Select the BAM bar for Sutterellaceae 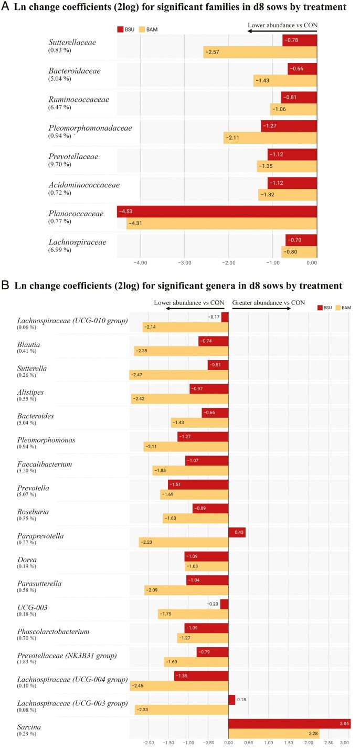(x=260, y=52)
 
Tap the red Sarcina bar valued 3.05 (x=289, y=724)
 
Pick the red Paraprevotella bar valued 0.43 (x=237, y=532)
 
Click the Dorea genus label (x=27, y=559)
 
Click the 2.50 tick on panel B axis (x=329, y=743)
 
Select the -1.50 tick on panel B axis (x=168, y=743)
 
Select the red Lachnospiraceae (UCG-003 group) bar (x=231, y=700)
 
